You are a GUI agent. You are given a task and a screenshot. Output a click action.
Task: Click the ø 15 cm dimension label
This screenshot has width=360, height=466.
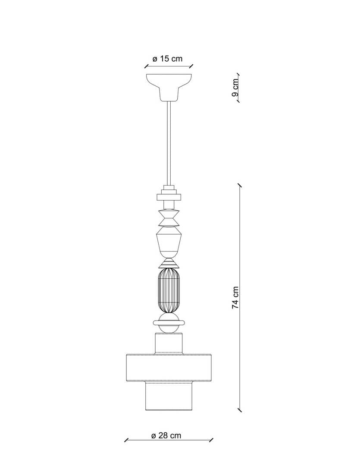(168, 59)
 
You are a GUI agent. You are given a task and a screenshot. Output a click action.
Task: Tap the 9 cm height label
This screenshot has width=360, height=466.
(235, 87)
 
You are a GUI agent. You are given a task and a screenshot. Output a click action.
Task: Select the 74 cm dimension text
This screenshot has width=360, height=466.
(235, 297)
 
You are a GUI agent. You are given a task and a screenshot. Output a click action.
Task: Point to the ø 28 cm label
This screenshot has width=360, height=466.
(166, 436)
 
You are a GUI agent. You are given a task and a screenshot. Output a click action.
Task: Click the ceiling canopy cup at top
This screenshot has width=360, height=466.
(169, 87)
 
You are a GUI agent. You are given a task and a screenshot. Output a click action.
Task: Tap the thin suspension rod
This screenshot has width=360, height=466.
(169, 143)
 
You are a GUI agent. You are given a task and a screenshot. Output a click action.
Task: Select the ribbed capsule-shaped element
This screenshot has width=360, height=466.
(169, 291)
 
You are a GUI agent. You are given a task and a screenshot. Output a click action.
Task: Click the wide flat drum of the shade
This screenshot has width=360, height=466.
(169, 368)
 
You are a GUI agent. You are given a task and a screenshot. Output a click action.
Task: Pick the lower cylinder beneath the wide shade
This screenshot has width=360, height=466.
(169, 396)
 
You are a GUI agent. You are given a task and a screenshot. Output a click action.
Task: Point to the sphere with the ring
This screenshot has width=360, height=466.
(169, 323)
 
